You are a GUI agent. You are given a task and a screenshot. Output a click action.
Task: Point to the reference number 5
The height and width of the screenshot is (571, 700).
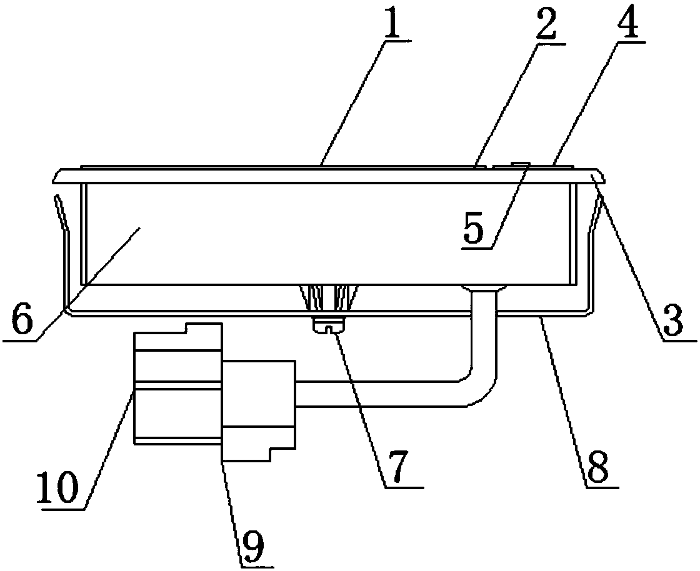473,230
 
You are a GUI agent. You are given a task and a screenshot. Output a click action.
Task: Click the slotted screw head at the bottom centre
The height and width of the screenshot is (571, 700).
327,325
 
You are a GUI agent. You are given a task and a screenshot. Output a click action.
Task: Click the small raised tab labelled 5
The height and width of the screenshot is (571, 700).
519,164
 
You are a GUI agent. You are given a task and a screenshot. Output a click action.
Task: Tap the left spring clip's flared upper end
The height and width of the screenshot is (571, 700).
58,203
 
